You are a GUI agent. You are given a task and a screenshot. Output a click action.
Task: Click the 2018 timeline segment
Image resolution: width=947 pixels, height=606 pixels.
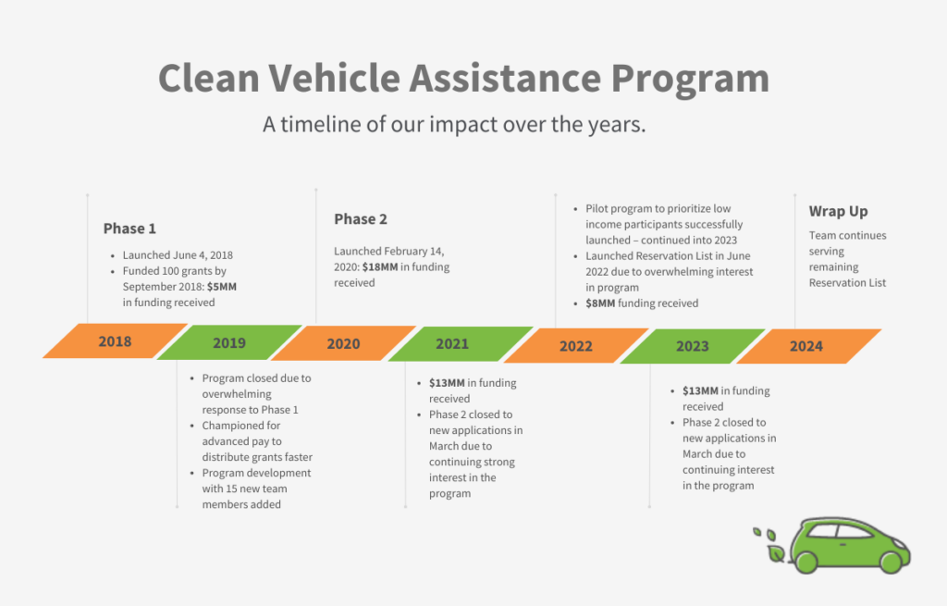pyautogui.click(x=115, y=341)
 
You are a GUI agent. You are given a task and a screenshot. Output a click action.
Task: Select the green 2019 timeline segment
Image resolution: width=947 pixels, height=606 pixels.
pyautogui.click(x=229, y=342)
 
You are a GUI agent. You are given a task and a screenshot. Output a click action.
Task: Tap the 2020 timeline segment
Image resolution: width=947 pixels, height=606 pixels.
pyautogui.click(x=343, y=343)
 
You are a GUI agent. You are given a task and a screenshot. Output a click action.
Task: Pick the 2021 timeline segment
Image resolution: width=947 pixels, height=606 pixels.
pyautogui.click(x=452, y=343)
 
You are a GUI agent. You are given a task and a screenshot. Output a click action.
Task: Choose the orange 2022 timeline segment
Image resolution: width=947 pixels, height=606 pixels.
pyautogui.click(x=575, y=346)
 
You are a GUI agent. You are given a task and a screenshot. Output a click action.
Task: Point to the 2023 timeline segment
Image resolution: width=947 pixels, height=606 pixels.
pyautogui.click(x=692, y=346)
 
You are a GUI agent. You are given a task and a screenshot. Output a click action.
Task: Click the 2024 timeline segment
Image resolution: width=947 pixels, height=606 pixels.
pyautogui.click(x=806, y=346)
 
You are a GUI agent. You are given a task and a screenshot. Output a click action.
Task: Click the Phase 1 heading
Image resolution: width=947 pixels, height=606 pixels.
pyautogui.click(x=129, y=229)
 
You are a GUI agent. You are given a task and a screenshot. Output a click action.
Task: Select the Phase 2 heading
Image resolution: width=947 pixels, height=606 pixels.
pyautogui.click(x=361, y=219)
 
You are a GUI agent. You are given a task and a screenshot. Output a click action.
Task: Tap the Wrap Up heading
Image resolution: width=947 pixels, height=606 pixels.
pyautogui.click(x=838, y=211)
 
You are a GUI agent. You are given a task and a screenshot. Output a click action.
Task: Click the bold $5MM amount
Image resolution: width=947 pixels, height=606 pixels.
pyautogui.click(x=222, y=287)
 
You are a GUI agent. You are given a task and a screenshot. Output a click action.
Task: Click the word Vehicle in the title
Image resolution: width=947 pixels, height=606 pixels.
pyautogui.click(x=325, y=79)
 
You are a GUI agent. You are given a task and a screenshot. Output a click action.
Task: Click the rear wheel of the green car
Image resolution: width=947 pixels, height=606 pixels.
pyautogui.click(x=806, y=561)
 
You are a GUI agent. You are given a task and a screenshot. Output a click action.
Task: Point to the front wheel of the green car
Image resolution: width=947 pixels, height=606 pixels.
pyautogui.click(x=890, y=561)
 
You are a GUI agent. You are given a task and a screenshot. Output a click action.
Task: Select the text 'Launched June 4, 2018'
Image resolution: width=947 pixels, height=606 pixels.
pyautogui.click(x=177, y=255)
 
